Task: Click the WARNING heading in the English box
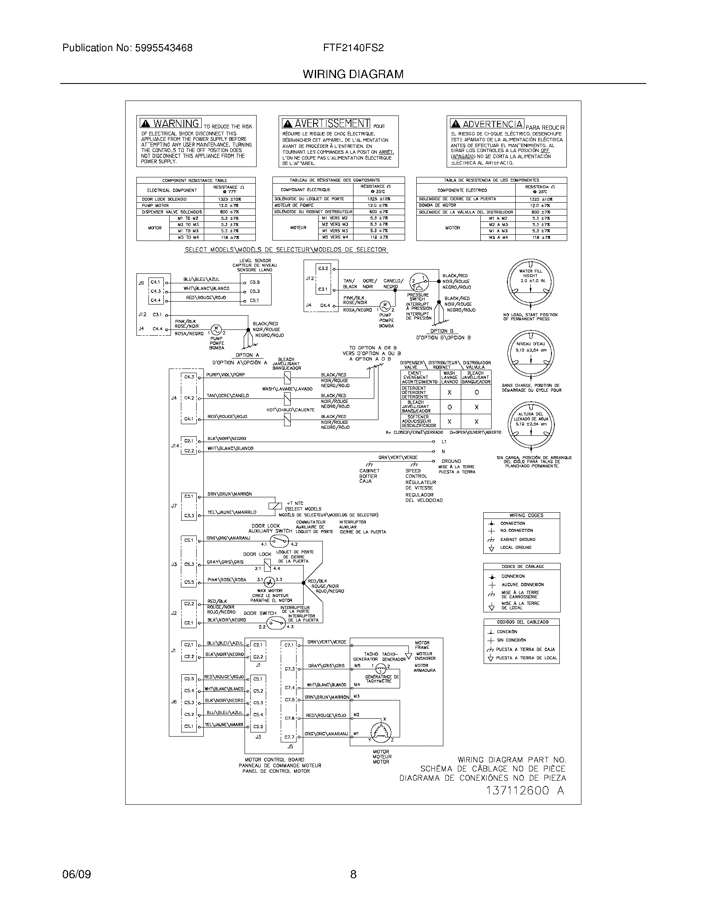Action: pyautogui.click(x=176, y=123)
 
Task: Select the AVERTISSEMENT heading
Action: pyautogui.click(x=331, y=123)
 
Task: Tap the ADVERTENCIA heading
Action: pyautogui.click(x=492, y=124)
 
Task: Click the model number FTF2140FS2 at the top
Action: pyautogui.click(x=353, y=48)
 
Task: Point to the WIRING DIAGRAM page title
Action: pyautogui.click(x=353, y=74)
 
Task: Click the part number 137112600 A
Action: pyautogui.click(x=525, y=791)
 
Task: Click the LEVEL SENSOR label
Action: pyautogui.click(x=255, y=261)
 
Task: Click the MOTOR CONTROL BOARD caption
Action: pyautogui.click(x=274, y=759)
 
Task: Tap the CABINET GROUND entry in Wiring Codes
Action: pyautogui.click(x=518, y=539)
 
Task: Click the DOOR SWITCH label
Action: pyautogui.click(x=260, y=613)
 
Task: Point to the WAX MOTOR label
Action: pyautogui.click(x=270, y=590)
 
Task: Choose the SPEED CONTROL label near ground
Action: pyautogui.click(x=416, y=473)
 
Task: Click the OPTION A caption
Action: pyautogui.click(x=247, y=355)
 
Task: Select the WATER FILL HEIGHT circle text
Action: pyautogui.click(x=530, y=273)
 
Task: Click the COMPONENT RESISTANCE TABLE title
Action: pyautogui.click(x=195, y=180)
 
